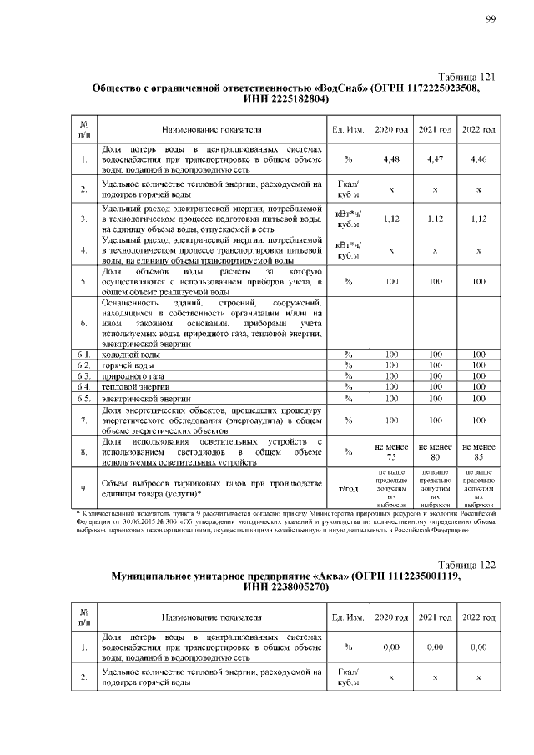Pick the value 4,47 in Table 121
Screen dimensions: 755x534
coord(435,159)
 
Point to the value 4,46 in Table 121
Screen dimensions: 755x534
coord(479,159)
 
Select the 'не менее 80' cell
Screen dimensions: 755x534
coord(435,451)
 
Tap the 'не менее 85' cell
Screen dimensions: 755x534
coord(479,451)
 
